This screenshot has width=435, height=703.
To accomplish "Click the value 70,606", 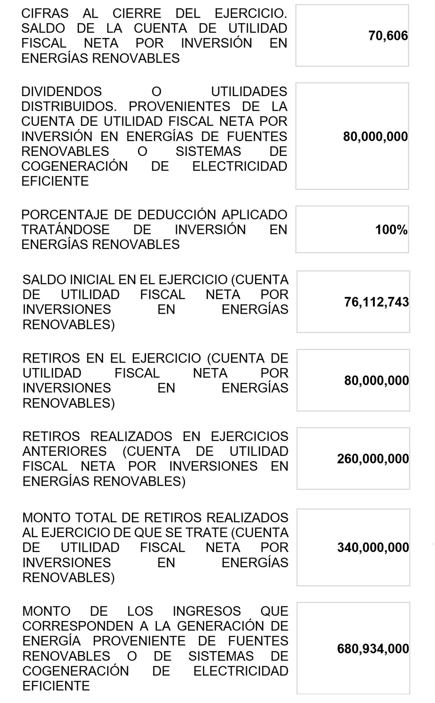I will coord(388,36).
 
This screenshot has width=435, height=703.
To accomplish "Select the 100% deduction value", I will coord(391,230).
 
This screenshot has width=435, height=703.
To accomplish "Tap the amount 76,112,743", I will coord(377,302).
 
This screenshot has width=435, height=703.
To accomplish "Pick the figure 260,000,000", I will coord(373,459).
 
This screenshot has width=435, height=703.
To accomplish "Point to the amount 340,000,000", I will coord(373,548).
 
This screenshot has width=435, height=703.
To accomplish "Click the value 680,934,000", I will coord(373,649).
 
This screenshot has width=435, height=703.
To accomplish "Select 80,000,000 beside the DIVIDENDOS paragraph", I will coord(375,136).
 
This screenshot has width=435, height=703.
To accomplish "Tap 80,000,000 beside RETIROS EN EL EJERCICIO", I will coord(377,381).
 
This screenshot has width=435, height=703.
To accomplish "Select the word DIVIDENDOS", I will coord(62,92).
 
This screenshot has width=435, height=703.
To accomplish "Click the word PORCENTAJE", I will coord(65,215).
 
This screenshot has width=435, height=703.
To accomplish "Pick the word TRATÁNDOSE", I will coord(66,230).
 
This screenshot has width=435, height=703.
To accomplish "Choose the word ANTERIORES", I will coord(65,451).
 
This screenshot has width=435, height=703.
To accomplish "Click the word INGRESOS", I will coord(206,611).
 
